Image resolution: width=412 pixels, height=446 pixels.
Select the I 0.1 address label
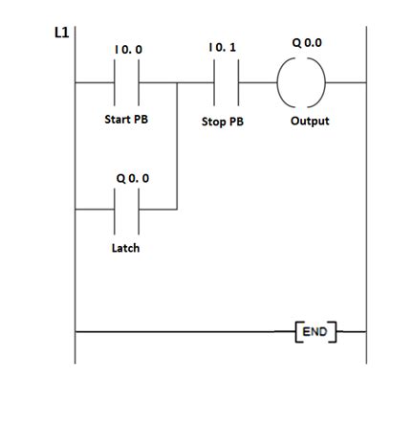(x=222, y=47)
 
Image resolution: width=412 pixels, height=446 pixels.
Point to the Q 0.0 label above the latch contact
(x=131, y=178)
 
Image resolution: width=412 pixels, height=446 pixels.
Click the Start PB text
(x=126, y=121)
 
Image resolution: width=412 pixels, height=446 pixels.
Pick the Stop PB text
(x=223, y=123)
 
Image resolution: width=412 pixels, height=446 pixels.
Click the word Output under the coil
(x=310, y=122)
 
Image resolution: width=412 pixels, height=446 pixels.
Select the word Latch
(x=124, y=248)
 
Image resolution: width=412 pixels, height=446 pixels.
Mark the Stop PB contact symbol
(x=223, y=83)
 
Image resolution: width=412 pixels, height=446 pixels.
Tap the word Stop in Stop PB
(x=214, y=123)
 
